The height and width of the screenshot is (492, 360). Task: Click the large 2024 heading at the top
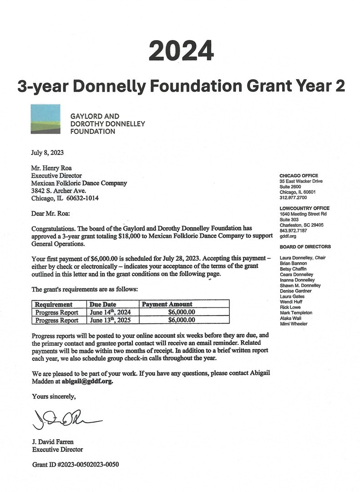(181, 50)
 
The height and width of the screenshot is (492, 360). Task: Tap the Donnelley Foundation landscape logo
(46, 119)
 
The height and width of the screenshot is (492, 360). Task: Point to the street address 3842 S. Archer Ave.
(58, 190)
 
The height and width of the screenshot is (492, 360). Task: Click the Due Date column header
(103, 304)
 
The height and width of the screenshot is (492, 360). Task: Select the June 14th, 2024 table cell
(109, 312)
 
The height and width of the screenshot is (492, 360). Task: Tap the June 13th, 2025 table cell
(109, 320)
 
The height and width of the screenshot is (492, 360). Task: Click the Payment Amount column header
(167, 304)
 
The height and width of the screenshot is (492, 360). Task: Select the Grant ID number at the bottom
(76, 464)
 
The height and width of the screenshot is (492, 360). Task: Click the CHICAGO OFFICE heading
(299, 176)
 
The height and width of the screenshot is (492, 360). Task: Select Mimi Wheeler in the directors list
(294, 324)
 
